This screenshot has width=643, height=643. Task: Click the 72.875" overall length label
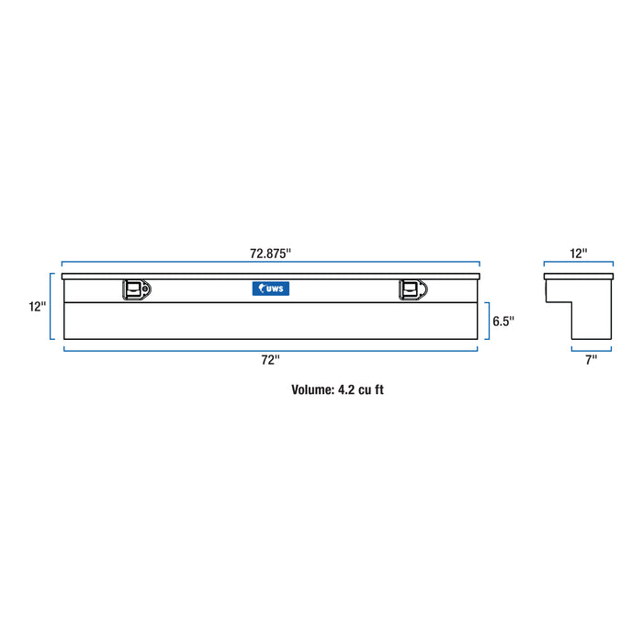pos(270,252)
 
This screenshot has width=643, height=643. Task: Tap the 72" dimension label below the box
pos(270,360)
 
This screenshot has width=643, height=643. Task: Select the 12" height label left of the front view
pos(37,307)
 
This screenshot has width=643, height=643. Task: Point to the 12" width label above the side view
pos(578,253)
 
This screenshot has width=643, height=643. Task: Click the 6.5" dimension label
pos(503,321)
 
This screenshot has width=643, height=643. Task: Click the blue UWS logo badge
pos(270,288)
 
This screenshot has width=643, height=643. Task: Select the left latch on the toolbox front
pos(136,289)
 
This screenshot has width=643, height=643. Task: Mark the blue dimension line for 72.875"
pos(270,265)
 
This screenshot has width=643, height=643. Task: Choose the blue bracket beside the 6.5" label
pos(488,321)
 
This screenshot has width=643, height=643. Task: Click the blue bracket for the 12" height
pos(51,306)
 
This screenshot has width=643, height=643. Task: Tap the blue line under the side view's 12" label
pos(578,265)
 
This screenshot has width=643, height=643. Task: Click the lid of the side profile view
pos(578,276)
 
